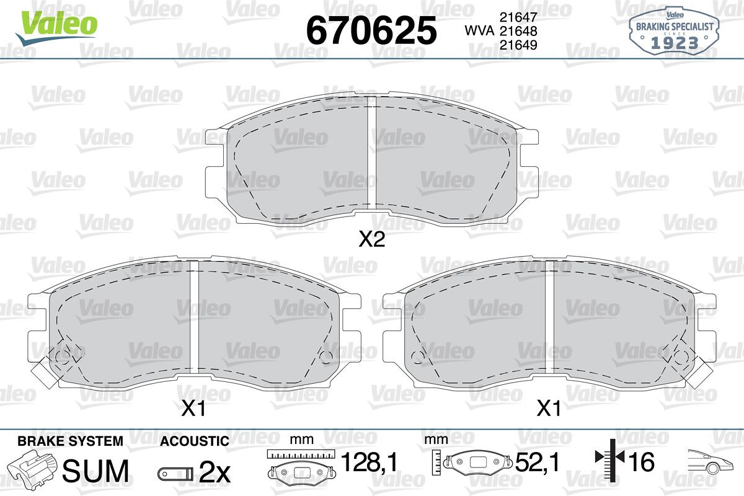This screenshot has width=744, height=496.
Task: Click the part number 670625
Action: (371, 30)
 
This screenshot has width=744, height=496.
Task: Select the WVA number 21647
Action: (518, 17)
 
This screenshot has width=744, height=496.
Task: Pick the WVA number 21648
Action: (518, 31)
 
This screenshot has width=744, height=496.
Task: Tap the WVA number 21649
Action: (518, 45)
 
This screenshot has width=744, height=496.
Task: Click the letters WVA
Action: (480, 31)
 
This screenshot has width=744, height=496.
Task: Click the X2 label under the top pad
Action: (372, 239)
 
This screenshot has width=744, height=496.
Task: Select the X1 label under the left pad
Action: (193, 409)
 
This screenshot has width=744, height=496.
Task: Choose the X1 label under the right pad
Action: (549, 409)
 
